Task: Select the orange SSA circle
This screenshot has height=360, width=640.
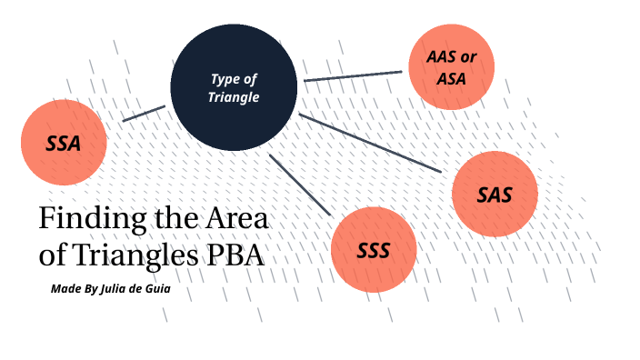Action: pos(64,143)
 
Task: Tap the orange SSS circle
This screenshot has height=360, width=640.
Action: pos(374,250)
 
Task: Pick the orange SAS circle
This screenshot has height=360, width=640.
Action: pos(495,194)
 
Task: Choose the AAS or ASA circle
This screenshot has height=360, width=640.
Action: pos(451,67)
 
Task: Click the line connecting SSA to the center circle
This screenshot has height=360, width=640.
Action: pos(144,114)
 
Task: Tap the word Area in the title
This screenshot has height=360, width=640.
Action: pos(240,220)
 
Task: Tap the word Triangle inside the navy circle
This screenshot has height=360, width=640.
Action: pos(235,97)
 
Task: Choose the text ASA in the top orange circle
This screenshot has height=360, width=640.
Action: pos(451,78)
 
